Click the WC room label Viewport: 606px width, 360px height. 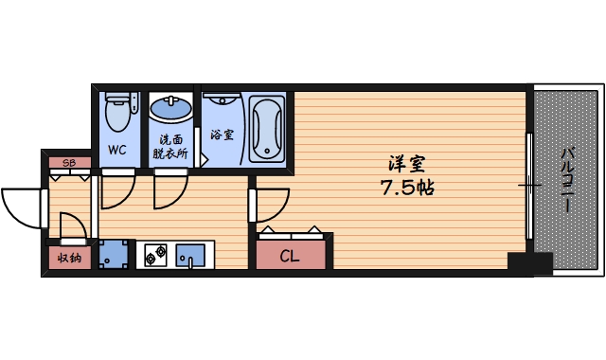click(x=117, y=150)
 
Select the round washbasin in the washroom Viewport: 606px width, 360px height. click(x=170, y=111)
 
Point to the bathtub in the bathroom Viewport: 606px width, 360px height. click(x=266, y=128)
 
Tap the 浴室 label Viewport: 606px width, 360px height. click(x=223, y=135)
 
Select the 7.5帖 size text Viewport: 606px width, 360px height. click(x=408, y=187)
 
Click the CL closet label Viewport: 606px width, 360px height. click(x=291, y=255)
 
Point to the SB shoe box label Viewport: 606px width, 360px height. click(x=68, y=164)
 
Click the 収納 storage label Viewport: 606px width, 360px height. click(x=68, y=256)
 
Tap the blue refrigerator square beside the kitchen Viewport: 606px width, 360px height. click(x=116, y=254)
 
